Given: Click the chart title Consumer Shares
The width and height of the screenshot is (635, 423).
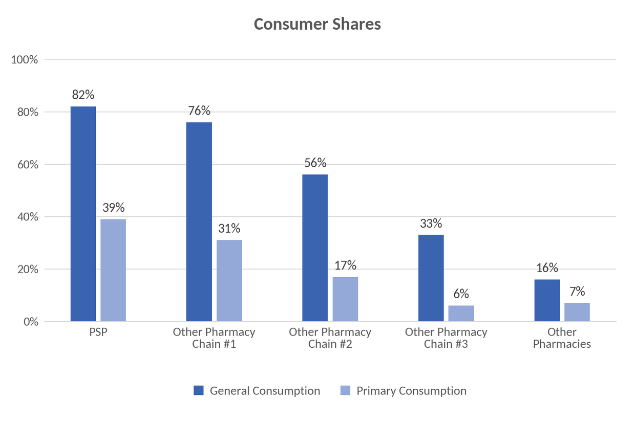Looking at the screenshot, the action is pyautogui.click(x=317, y=24).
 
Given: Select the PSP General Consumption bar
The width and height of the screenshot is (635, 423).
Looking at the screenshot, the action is pyautogui.click(x=83, y=214).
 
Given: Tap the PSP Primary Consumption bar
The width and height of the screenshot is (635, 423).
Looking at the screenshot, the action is pyautogui.click(x=113, y=270).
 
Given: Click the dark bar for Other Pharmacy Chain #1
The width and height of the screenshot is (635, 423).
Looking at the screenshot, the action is pyautogui.click(x=199, y=221).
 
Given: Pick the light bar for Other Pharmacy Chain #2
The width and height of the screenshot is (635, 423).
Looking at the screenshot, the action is pyautogui.click(x=345, y=299).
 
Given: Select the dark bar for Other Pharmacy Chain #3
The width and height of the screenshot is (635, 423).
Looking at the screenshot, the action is pyautogui.click(x=431, y=278).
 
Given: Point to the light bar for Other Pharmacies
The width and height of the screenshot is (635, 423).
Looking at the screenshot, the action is pyautogui.click(x=577, y=312).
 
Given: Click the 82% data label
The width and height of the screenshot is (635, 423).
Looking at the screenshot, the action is pyautogui.click(x=83, y=95).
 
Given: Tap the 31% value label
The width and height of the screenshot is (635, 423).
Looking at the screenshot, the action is pyautogui.click(x=229, y=228).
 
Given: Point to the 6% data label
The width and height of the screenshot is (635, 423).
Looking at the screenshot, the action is pyautogui.click(x=461, y=294).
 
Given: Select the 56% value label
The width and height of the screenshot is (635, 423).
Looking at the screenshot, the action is pyautogui.click(x=315, y=163).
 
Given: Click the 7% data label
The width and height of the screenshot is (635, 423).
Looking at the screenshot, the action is pyautogui.click(x=577, y=292).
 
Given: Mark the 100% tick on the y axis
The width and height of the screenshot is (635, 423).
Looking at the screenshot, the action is pyautogui.click(x=25, y=60).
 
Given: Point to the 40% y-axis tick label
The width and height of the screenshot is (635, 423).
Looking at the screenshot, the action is pyautogui.click(x=28, y=217).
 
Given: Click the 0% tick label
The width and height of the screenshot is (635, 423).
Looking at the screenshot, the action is pyautogui.click(x=31, y=322).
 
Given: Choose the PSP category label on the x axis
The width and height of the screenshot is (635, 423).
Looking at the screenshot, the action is pyautogui.click(x=98, y=332).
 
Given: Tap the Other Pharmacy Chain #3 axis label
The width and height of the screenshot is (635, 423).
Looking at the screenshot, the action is pyautogui.click(x=446, y=338).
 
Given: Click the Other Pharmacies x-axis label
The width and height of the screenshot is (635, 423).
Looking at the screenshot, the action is pyautogui.click(x=562, y=338).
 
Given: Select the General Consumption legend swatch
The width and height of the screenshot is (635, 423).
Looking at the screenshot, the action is pyautogui.click(x=199, y=390).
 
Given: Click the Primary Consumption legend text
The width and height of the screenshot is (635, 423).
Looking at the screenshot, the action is pyautogui.click(x=411, y=391).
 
